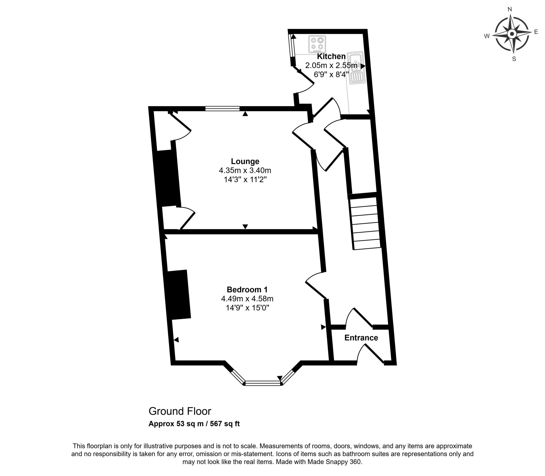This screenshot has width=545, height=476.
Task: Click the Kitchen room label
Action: [x=331, y=56]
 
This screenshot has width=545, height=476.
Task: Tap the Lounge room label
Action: [x=245, y=161]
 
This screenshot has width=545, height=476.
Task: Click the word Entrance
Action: [x=361, y=338]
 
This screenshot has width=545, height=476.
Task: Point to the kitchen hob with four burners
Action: [x=317, y=44]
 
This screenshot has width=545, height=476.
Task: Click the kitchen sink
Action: [x=356, y=68]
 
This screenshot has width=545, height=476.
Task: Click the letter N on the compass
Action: [x=510, y=9]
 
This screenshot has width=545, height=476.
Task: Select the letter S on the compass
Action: [x=514, y=59]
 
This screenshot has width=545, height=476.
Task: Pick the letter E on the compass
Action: [x=536, y=32]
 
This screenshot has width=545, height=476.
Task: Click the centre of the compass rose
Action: [x=512, y=34]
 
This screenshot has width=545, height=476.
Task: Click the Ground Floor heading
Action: [x=180, y=411]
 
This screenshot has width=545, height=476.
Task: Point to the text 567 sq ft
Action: [x=225, y=423]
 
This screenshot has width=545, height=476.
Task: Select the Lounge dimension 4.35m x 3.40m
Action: [x=245, y=170]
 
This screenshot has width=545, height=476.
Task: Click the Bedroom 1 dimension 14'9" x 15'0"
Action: [x=247, y=308]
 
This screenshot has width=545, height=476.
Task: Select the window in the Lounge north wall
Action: [x=222, y=108]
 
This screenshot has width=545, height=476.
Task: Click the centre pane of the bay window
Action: [x=263, y=383]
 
